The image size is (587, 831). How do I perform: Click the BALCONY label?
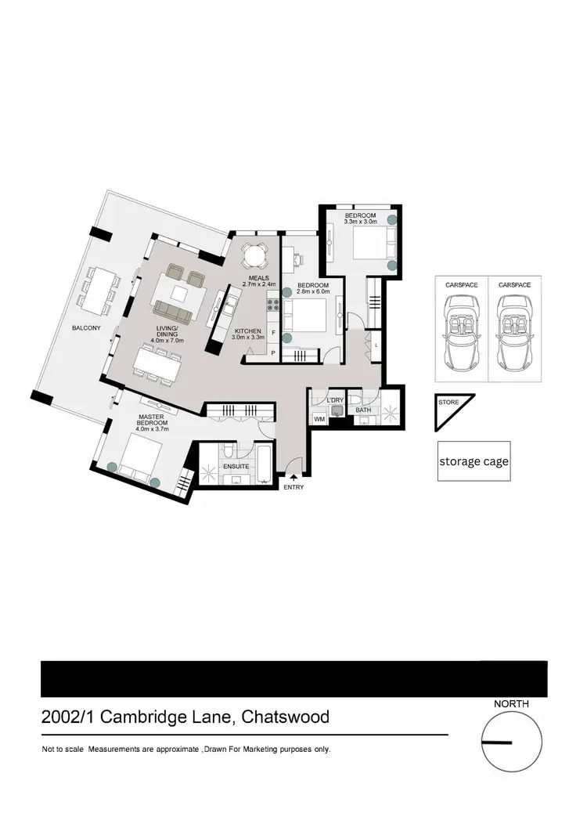[x=87, y=327]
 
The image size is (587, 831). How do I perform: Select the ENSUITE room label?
[x=236, y=466]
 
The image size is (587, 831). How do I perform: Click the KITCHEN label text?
[x=247, y=332]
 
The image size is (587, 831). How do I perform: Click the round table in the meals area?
[x=254, y=255]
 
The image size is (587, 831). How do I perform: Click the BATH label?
[x=363, y=410]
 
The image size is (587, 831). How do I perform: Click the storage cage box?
[x=474, y=461]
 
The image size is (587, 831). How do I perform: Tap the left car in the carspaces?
[x=461, y=335]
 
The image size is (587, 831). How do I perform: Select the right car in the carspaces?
[x=514, y=335]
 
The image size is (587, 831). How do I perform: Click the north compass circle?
[x=511, y=742]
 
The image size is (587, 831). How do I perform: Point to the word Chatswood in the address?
[x=286, y=717]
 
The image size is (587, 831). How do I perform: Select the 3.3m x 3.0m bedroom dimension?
[x=361, y=222]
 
